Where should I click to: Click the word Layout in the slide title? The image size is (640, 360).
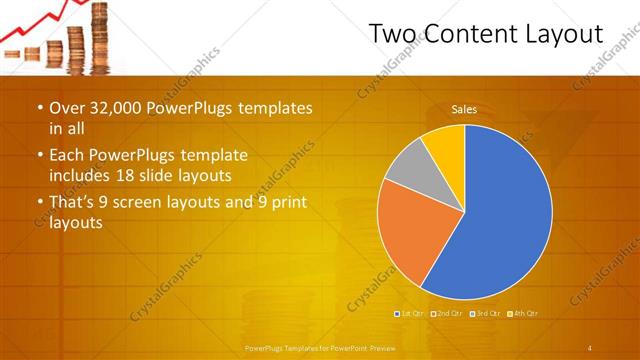pyautogui.click(x=565, y=35)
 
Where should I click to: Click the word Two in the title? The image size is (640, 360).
pyautogui.click(x=393, y=35)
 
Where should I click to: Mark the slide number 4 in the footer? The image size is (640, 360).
pyautogui.click(x=590, y=348)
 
